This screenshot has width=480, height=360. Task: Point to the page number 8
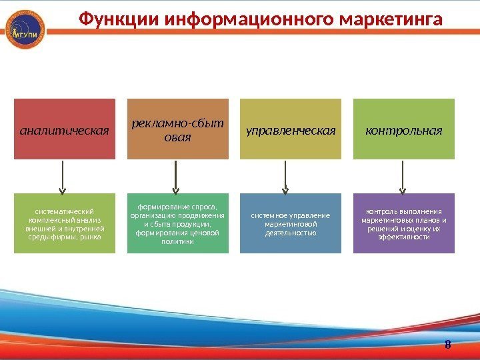[447, 345]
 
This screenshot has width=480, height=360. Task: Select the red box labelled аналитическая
[65, 129]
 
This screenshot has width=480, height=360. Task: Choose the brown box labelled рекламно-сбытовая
[177, 129]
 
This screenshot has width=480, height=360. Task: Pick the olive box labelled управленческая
[291, 129]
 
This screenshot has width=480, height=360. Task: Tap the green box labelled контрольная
[403, 129]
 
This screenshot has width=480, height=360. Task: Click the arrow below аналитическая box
[63, 177]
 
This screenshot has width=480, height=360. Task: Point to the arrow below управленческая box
[288, 177]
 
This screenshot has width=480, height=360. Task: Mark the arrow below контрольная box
[401, 177]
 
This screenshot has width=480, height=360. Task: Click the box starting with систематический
[65, 224]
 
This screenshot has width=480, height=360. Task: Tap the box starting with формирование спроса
[177, 224]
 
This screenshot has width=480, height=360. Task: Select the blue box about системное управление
[291, 224]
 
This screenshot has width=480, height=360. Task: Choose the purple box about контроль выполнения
[403, 224]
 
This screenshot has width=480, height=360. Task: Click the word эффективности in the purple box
[403, 237]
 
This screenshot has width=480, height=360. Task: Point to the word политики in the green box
[177, 242]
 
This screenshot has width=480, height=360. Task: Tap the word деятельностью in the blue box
[290, 233]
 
